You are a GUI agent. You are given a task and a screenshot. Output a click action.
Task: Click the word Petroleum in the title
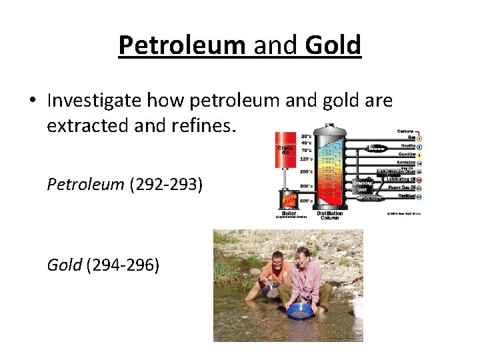click(x=182, y=45)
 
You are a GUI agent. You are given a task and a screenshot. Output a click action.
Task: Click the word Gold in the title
click(x=332, y=45)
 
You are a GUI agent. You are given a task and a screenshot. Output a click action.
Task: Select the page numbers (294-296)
click(x=123, y=265)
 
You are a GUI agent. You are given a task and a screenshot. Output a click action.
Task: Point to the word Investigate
click(x=94, y=101)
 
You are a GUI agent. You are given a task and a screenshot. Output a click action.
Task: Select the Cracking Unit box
click(x=363, y=186)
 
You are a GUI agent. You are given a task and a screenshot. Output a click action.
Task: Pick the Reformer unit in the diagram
click(x=377, y=149)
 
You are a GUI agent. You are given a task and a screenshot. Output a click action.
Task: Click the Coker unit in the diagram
click(x=371, y=198)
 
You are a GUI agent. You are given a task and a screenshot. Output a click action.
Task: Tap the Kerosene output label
click(x=407, y=163)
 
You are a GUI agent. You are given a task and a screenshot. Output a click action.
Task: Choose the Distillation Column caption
click(x=330, y=215)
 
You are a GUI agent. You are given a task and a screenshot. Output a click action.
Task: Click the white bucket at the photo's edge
click(x=357, y=307)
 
